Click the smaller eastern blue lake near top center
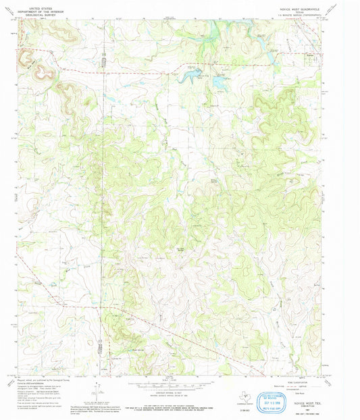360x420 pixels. [220, 82]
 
